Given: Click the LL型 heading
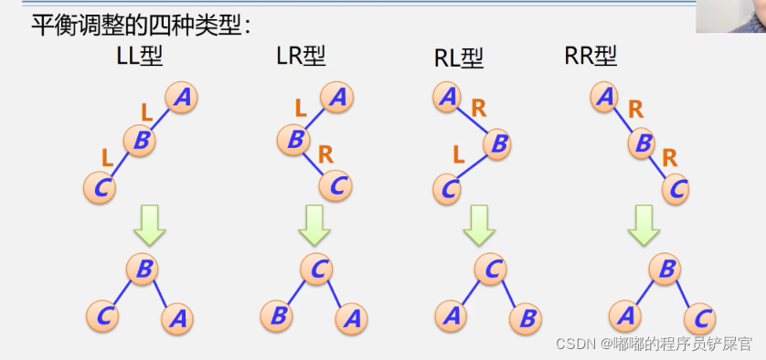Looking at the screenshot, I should click(x=139, y=57).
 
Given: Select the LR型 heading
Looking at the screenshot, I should click(x=301, y=57).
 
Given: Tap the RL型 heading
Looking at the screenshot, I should click(x=459, y=58).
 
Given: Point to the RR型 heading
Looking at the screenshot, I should click(x=590, y=57).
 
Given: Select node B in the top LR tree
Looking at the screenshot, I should click(x=293, y=140).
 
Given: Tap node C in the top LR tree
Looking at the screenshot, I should click(x=336, y=185).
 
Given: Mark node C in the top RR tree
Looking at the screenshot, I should click(x=677, y=188).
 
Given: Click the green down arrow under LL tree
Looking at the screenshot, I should click(x=148, y=226).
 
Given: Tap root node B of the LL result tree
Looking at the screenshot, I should click(x=143, y=269).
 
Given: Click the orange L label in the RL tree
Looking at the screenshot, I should click(x=459, y=155).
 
